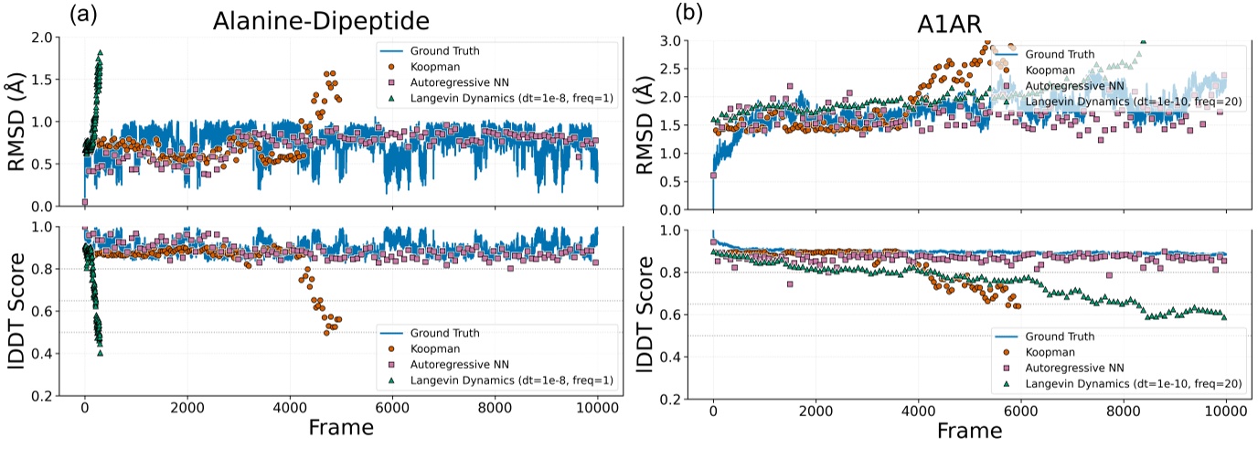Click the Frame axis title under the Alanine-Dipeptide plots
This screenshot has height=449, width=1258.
340,427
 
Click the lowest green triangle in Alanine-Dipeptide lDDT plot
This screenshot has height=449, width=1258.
100,352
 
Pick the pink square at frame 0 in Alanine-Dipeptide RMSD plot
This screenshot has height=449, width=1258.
85,202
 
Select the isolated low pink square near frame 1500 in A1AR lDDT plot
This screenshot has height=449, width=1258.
789,284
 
